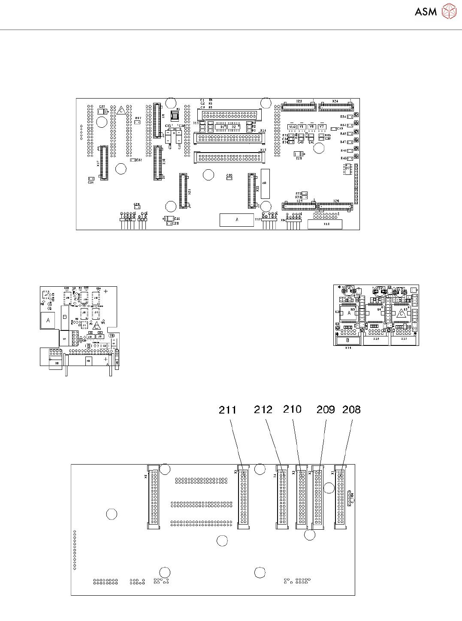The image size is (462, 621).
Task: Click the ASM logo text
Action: coord(426,12)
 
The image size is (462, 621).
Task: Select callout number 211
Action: coord(227,410)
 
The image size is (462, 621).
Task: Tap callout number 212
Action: coord(263,410)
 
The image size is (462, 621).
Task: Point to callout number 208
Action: coord(351,410)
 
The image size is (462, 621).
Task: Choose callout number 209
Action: coord(326,410)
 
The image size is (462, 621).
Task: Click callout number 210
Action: coord(292,409)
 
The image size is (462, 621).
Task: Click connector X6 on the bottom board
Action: coord(153,497)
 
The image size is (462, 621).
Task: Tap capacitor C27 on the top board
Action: coord(102,112)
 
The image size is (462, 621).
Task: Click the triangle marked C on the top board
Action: coord(121,111)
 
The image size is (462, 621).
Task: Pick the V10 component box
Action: coord(292,127)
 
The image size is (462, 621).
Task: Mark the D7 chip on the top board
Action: coord(347,169)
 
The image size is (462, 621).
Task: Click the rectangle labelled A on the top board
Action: coord(237,220)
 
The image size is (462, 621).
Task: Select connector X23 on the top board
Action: coord(299,106)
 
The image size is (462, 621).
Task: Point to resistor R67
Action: coord(137,122)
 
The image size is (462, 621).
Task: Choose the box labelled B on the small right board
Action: coord(348,341)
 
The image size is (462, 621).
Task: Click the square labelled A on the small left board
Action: coord(48,320)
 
